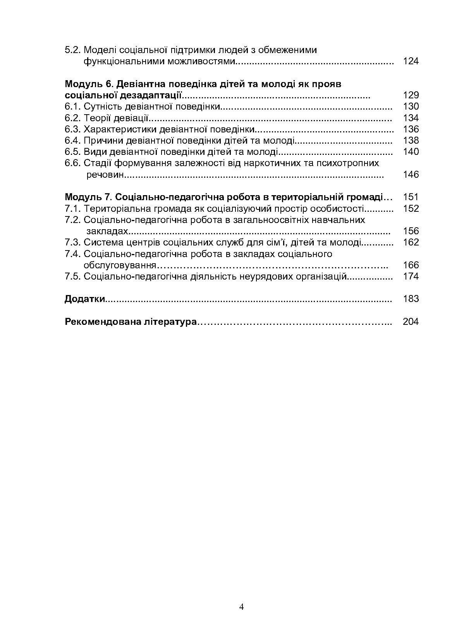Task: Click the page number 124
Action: point(411,61)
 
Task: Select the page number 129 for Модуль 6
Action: point(411,95)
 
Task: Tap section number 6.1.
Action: point(73,106)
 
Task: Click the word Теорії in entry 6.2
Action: point(96,118)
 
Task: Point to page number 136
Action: point(411,129)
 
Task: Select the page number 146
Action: point(411,174)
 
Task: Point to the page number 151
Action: point(411,197)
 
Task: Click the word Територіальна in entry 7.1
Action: point(117,209)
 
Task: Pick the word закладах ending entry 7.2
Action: point(107,231)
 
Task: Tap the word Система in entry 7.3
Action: point(101,242)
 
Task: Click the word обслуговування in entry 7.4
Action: point(120,265)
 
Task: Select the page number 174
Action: point(411,276)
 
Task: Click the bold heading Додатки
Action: point(85,299)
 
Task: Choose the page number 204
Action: point(411,322)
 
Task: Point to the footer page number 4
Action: point(241,607)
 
